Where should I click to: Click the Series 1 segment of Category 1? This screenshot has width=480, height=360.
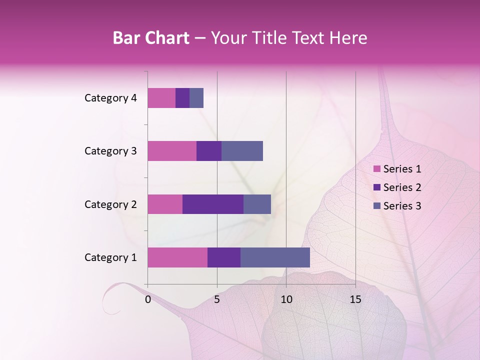click(177, 257)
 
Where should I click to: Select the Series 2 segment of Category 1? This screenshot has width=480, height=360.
click(224, 257)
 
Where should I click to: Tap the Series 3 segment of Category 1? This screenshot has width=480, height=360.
click(275, 257)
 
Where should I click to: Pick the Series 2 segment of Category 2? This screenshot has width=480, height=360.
click(213, 204)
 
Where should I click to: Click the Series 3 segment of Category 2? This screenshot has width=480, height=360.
click(257, 204)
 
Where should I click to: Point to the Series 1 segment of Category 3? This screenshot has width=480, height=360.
click(172, 151)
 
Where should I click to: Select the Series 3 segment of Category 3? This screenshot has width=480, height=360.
click(242, 151)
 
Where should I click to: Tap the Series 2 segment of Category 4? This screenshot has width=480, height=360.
click(182, 98)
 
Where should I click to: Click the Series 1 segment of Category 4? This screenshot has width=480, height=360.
click(161, 98)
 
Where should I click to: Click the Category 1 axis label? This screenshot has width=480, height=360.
click(110, 257)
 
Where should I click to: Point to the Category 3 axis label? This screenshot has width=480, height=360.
click(110, 151)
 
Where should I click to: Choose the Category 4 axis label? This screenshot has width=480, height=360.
click(110, 98)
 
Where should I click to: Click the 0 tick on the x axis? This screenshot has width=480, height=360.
click(148, 299)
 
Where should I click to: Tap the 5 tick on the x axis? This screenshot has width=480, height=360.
click(217, 299)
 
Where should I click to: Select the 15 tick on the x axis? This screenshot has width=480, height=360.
click(355, 299)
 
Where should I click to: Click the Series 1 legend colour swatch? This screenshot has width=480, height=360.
click(377, 169)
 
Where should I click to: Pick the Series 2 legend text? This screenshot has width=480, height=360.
click(402, 187)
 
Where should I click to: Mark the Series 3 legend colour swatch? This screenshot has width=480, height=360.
click(377, 206)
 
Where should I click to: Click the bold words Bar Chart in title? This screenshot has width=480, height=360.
click(151, 37)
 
